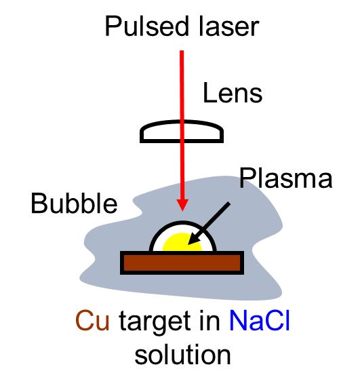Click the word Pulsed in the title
[147, 26]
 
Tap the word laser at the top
[228, 26]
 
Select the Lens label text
[233, 93]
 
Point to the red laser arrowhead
[182, 205]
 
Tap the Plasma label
[285, 178]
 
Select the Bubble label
[74, 203]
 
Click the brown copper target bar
[182, 263]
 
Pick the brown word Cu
[92, 321]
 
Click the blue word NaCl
[260, 320]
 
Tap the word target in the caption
[155, 322]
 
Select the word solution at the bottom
[182, 355]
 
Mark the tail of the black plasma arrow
[229, 203]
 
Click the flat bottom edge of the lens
[182, 141]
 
